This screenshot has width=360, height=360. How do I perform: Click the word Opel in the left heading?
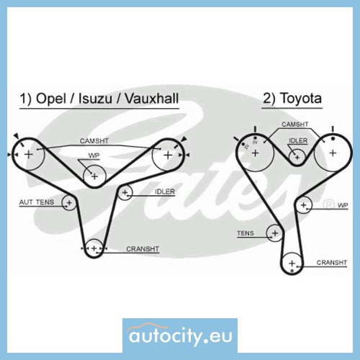pos(50,99)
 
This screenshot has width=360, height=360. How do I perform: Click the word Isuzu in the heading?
pos(95,99)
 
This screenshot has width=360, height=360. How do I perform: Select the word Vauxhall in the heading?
pos(152,99)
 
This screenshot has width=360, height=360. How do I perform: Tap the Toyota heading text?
pos(301,99)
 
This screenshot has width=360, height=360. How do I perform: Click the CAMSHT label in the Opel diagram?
pos(94,141)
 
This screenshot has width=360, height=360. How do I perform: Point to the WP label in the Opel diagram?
pos(94,156)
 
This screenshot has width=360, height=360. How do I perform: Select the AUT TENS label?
pos(37,202)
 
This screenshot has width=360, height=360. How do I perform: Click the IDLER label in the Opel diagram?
pos(165,192)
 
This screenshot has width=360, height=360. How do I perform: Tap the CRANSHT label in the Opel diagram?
pos(143,249)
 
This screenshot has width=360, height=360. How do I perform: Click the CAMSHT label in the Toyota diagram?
pos(294,125)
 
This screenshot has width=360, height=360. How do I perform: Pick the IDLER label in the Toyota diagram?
pos(298,141)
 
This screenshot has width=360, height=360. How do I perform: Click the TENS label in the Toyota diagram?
pos(246,233)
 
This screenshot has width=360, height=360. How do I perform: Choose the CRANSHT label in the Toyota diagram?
pos(332,263)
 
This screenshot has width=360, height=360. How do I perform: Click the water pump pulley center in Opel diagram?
pos(94,176)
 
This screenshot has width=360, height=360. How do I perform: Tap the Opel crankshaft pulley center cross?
pos(94,248)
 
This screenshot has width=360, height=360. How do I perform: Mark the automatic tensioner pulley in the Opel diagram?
pos(69,203)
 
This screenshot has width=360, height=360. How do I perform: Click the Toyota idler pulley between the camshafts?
pos(297,158)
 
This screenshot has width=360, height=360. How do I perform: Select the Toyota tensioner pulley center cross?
pos(275,233)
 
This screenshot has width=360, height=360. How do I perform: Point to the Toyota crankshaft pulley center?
pos(292,264)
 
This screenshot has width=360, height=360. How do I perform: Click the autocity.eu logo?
pos(180,336)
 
